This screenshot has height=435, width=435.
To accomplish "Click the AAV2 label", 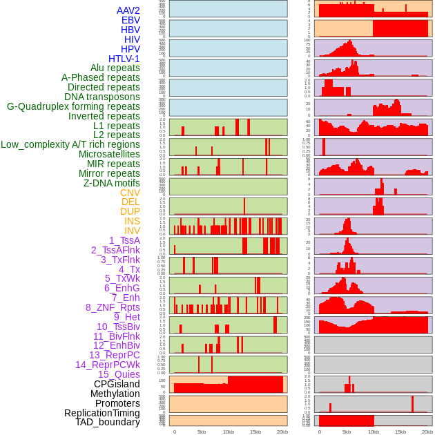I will tap(128, 10).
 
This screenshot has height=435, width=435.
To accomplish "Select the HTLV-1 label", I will tap(124, 59).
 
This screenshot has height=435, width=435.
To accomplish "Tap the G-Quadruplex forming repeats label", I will tap(73, 106).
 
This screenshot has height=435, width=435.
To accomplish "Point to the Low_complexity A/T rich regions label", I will tap(70, 144).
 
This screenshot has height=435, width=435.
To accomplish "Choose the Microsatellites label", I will tap(109, 154).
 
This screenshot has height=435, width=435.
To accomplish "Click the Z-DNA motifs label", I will tap(112, 183).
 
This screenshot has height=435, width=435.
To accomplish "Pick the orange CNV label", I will tap(130, 193).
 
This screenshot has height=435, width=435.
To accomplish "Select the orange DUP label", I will tap(130, 211).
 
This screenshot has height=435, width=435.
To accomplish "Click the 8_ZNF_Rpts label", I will tap(113, 307).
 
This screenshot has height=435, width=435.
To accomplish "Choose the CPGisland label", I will tap(117, 384).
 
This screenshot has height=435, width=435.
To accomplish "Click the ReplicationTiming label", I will tap(101, 413).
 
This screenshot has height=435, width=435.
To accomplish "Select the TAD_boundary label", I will tap(108, 422).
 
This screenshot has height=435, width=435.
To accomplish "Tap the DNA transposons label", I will tap(102, 97).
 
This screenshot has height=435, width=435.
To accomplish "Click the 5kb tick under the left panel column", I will tap(202, 432).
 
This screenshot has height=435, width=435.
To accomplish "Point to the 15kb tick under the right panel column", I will tap(400, 432).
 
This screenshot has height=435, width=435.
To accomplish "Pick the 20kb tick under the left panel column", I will tap(282, 432).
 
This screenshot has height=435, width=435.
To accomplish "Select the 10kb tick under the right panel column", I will tap(374, 432).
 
